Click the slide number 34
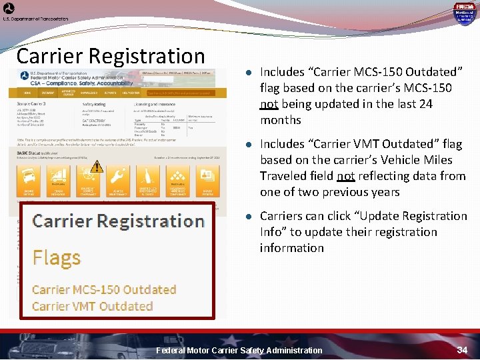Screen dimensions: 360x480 (462, 350)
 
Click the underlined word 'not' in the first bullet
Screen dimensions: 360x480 (269, 104)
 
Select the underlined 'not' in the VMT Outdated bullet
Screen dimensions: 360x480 (345, 176)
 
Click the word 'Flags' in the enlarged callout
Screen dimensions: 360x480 (57, 257)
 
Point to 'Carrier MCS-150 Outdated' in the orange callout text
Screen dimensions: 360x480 (103, 289)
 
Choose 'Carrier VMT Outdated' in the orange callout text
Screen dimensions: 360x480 (92, 306)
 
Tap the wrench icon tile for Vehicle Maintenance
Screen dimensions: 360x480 (117, 177)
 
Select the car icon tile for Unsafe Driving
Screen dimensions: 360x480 (28, 177)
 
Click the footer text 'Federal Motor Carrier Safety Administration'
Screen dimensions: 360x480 (239, 350)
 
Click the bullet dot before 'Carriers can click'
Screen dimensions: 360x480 (247, 216)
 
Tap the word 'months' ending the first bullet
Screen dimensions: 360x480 (280, 120)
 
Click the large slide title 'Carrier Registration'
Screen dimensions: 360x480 (111, 56)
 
